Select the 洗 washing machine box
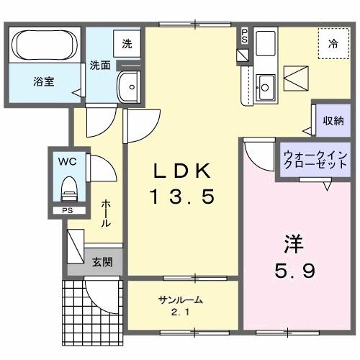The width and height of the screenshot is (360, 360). pos(127,43)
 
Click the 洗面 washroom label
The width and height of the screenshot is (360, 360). pos(100,64)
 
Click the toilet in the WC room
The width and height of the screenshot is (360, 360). pos(69,190)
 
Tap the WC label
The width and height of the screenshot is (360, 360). pos(67,161)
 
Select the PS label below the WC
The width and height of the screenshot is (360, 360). pos(66,210)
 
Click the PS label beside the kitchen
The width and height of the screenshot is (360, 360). pos(244,35)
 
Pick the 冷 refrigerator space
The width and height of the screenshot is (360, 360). pos(333,44)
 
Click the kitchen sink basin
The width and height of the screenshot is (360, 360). pos(266,87)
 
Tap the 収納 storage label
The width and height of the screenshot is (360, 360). pos(333,121)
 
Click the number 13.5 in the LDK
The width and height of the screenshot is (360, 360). pos(182,195)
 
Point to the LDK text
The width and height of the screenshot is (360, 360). pos(182,171)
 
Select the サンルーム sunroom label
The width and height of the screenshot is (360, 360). pos(180,300)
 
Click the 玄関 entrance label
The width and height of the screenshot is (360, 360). pos(102,262)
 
